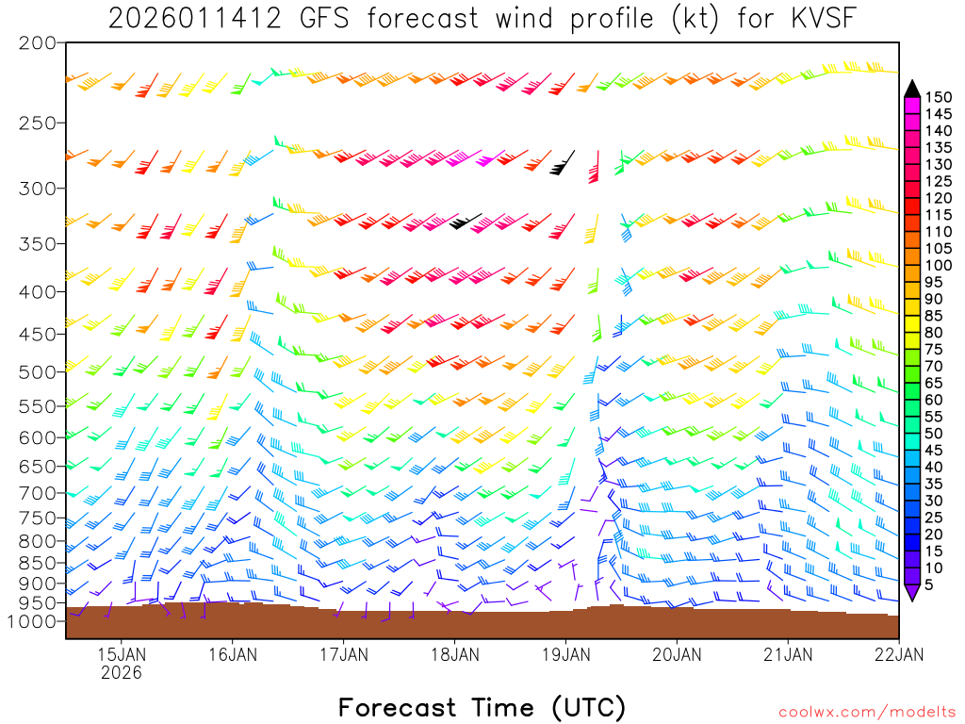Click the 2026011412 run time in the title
194,18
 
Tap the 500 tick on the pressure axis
38,371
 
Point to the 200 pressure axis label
38,42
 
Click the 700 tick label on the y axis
38,493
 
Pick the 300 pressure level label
38,188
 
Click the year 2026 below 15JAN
122,673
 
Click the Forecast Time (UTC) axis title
482,707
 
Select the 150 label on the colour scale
940,96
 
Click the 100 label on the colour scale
940,266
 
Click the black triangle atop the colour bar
911,89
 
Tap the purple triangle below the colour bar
911,592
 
